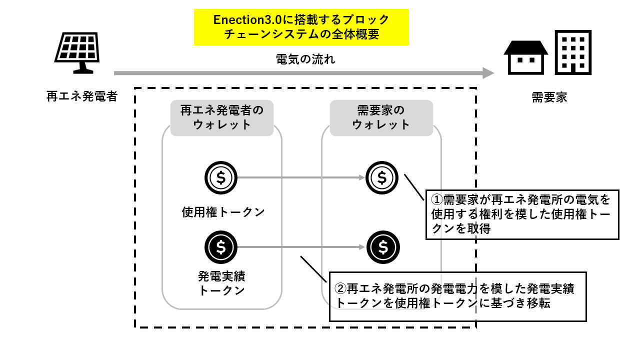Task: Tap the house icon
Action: [525, 57]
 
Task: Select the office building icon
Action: [573, 52]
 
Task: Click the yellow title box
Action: [301, 27]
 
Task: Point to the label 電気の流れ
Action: [305, 59]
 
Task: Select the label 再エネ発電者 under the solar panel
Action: [81, 96]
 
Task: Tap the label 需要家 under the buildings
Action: [549, 97]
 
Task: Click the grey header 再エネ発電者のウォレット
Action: [221, 117]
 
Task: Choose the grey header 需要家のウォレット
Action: [381, 117]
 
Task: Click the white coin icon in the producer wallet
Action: [221, 177]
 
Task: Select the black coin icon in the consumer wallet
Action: [383, 247]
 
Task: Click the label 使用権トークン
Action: [223, 212]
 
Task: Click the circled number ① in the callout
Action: [437, 200]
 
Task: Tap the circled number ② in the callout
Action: [340, 288]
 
